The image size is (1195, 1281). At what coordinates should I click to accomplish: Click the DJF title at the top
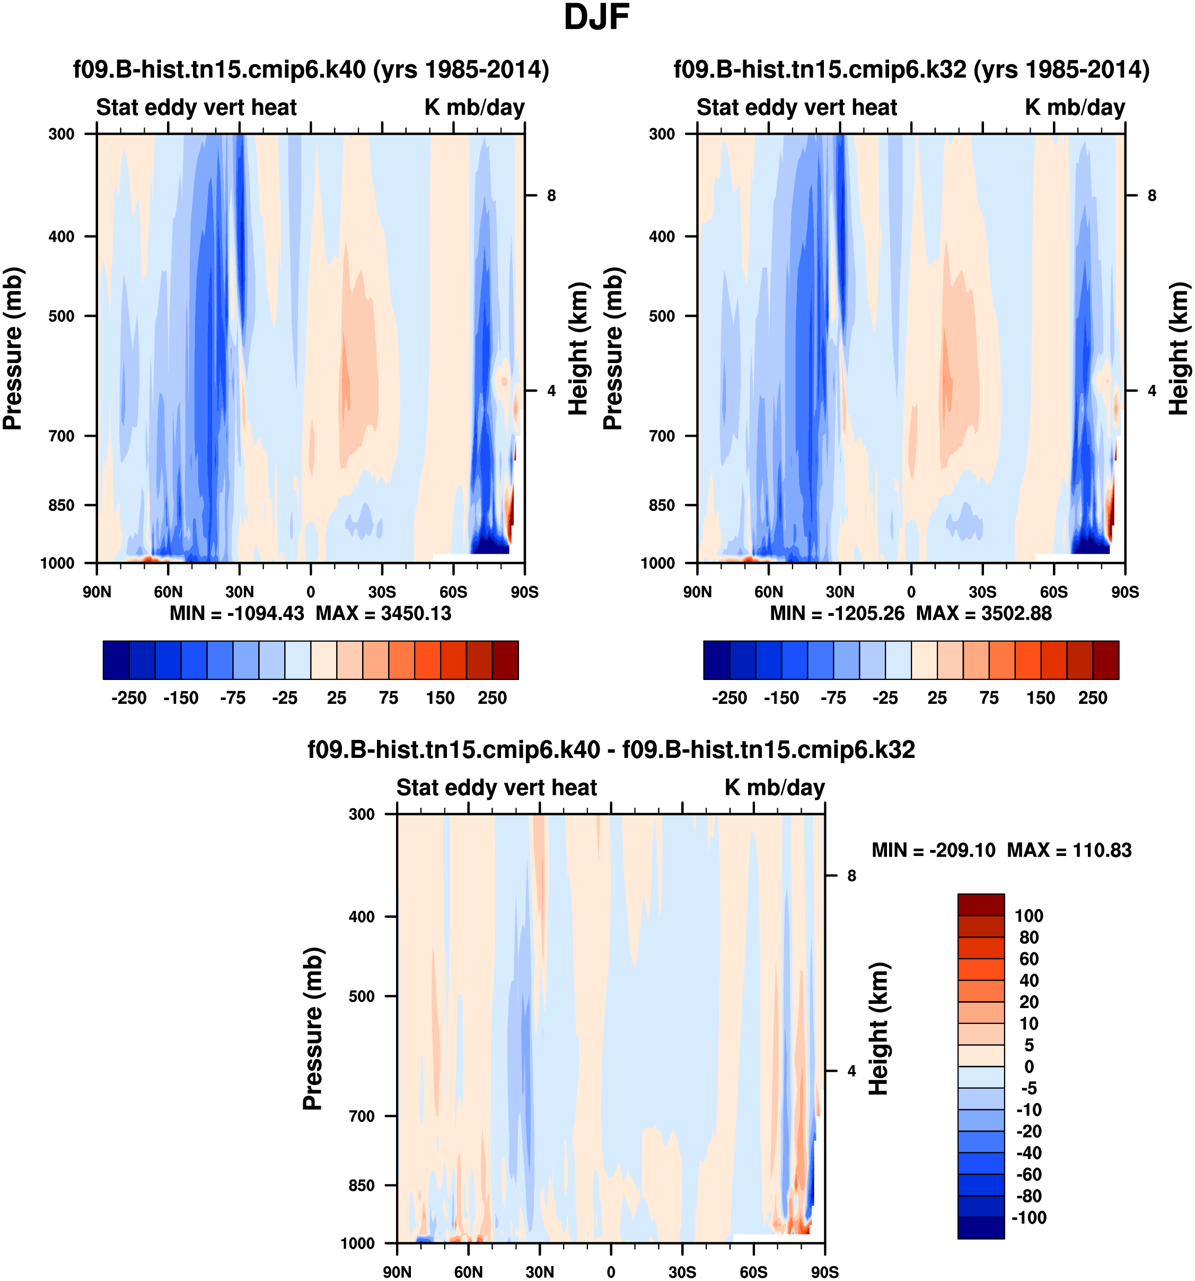click(596, 17)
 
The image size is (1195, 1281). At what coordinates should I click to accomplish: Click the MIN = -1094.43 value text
click(236, 613)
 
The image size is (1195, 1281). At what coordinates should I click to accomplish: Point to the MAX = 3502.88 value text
click(983, 613)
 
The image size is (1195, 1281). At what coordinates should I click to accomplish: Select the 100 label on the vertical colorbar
click(1029, 916)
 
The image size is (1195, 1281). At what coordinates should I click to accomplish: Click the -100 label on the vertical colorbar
click(1029, 1217)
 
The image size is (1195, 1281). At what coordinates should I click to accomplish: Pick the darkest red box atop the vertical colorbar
click(980, 904)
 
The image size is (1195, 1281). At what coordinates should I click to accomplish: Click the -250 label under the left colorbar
click(129, 698)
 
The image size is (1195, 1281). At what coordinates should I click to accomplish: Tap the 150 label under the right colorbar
click(1040, 698)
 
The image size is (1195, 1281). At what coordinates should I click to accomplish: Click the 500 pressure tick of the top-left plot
click(62, 316)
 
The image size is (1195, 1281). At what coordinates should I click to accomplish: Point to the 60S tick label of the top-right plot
click(1054, 591)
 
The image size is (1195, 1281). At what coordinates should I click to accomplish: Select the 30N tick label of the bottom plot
click(540, 1272)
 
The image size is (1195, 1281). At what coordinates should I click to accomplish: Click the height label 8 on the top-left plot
click(551, 195)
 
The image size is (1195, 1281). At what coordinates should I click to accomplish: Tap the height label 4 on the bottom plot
click(851, 1071)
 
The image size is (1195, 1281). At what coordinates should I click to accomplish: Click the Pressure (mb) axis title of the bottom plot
click(313, 1028)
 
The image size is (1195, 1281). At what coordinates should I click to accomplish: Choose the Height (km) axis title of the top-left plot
click(579, 348)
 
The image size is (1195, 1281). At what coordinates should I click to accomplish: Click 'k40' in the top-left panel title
click(344, 69)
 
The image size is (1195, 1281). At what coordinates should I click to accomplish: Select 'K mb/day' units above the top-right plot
click(1075, 107)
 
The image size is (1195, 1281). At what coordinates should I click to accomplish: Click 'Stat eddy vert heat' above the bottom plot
click(496, 788)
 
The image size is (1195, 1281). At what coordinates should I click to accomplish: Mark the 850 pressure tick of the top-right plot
click(662, 505)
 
